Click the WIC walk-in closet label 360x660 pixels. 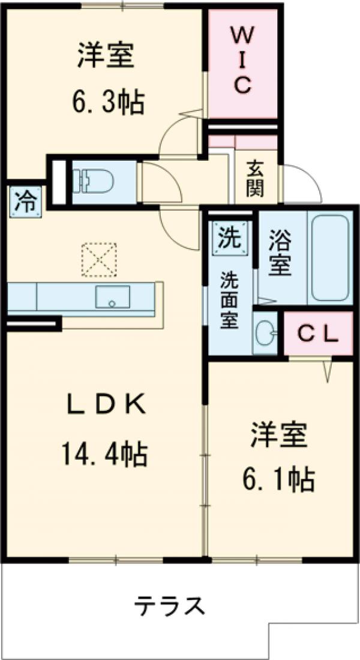[242, 61]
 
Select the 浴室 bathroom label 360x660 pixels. [280, 256]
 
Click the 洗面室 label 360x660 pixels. [229, 300]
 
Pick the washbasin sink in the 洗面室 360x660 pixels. [265, 332]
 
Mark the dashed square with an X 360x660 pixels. [99, 259]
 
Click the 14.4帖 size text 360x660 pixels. [103, 454]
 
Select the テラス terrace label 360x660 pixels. [169, 607]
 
